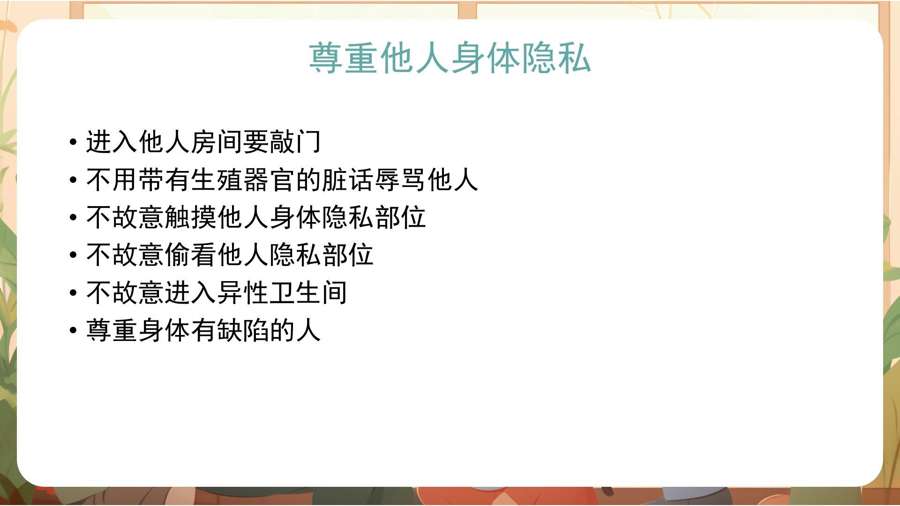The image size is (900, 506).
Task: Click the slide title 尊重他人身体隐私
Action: [450, 58]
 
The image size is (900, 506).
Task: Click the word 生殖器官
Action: [242, 179]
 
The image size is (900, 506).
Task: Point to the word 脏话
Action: [347, 179]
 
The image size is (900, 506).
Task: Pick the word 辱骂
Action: [400, 179]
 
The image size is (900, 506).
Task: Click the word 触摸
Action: [191, 217]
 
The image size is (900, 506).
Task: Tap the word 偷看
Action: [191, 255]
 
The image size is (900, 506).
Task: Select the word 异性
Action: [242, 293]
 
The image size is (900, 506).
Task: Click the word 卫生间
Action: [308, 293]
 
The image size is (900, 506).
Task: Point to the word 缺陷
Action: [242, 330]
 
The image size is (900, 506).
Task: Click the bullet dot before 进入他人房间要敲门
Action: [73, 142]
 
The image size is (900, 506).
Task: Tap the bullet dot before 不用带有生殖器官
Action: [73, 180]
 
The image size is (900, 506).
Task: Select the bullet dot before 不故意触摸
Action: [73, 218]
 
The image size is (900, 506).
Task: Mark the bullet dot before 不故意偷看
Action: [73, 255]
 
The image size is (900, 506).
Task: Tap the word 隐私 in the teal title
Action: [556, 58]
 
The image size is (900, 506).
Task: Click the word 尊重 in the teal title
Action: [344, 58]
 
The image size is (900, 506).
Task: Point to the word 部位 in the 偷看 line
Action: [347, 255]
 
